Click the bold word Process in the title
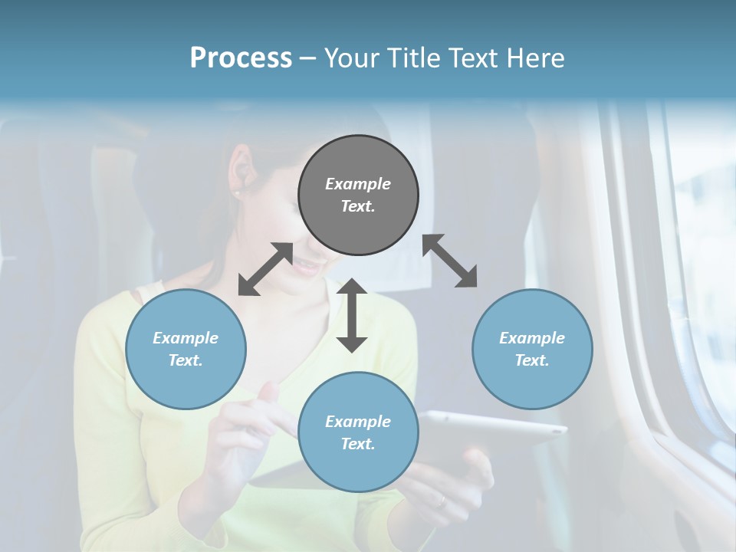(x=241, y=58)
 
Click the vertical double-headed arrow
(x=352, y=314)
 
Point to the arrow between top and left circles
(x=265, y=269)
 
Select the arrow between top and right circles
(x=450, y=261)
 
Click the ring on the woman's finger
(x=442, y=501)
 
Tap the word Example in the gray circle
(x=358, y=184)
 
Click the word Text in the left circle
(x=186, y=360)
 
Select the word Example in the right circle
(x=532, y=338)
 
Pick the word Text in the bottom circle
(x=358, y=444)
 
